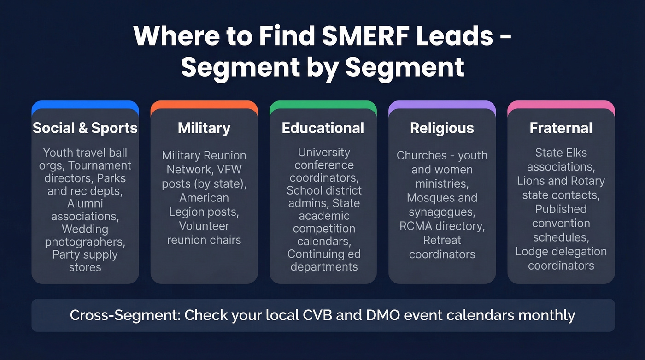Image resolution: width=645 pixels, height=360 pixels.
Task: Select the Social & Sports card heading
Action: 85,128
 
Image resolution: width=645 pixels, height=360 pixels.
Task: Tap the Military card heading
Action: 204,128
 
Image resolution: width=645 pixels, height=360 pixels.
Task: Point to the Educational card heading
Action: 323,128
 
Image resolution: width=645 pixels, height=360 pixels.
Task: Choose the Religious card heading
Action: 442,128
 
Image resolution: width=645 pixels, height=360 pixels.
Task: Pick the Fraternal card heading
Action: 561,128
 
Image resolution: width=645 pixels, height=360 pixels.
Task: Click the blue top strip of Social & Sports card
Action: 85,105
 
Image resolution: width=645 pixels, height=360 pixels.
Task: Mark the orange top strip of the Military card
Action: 204,105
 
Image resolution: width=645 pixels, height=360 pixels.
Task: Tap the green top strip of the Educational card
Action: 323,105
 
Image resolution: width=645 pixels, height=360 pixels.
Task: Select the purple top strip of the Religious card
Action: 442,105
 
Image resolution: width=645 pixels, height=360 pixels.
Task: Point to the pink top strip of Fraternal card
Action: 561,105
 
